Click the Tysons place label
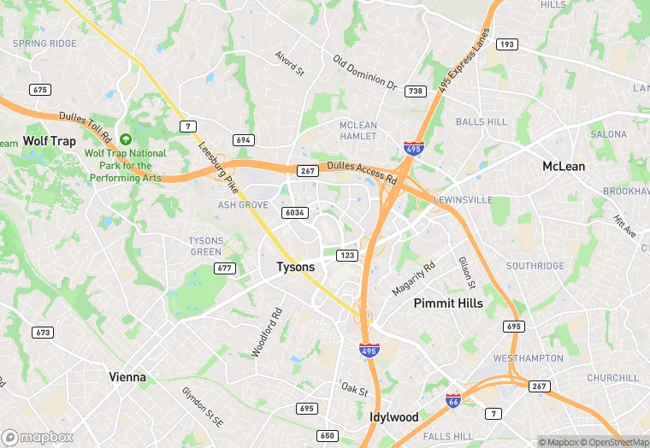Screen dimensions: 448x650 [x=296, y=268]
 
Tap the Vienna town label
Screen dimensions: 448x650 [x=127, y=377]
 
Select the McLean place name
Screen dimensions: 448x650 [x=564, y=167]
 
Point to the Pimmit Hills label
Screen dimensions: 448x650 [x=448, y=304]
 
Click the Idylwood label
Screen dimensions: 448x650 [x=393, y=417]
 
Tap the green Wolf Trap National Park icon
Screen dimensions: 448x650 [x=127, y=139]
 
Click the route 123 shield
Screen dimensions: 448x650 [x=347, y=255]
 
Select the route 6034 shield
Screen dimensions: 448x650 [x=294, y=212]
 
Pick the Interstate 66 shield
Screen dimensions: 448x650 [x=454, y=400]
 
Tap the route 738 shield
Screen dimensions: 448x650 [x=416, y=91]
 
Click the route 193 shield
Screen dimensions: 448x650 [x=507, y=44]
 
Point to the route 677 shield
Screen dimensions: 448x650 [x=225, y=268]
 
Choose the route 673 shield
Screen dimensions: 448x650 [x=42, y=332]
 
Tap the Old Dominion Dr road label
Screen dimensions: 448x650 [x=365, y=74]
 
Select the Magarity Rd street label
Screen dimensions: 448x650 [x=413, y=278]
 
